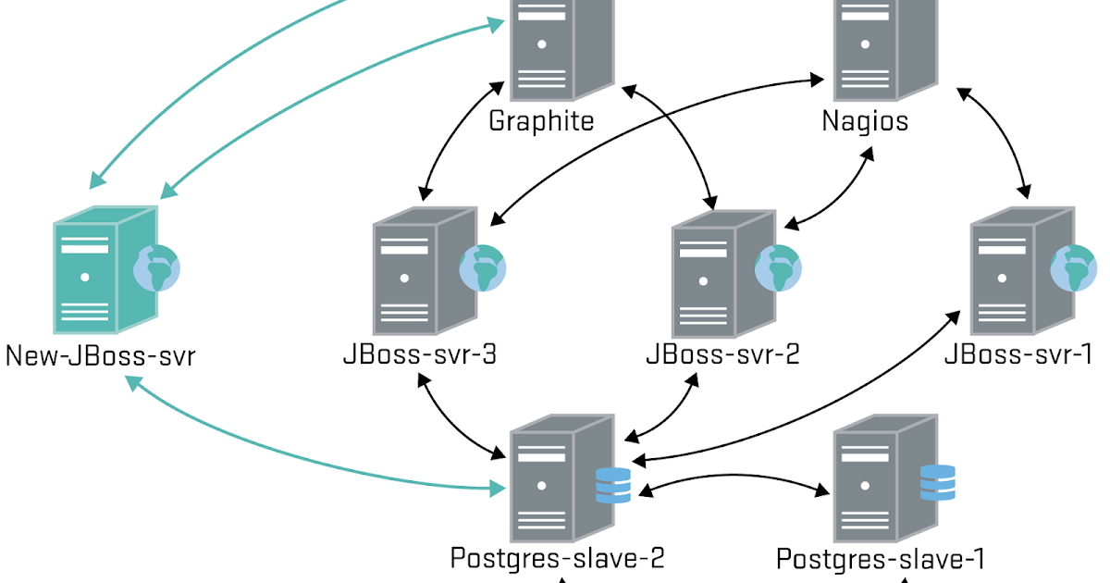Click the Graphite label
pyautogui.click(x=541, y=120)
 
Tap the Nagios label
pyautogui.click(x=865, y=120)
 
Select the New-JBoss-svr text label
pyautogui.click(x=100, y=356)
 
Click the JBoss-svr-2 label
pyautogui.click(x=722, y=356)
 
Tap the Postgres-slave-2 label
pyautogui.click(x=557, y=558)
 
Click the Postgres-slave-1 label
pyautogui.click(x=880, y=558)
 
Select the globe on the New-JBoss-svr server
pyautogui.click(x=156, y=268)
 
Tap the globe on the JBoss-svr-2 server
pyautogui.click(x=778, y=268)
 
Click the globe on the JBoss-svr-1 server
pyautogui.click(x=1073, y=268)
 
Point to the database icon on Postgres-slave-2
pyautogui.click(x=612, y=485)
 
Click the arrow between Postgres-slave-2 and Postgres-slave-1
pyautogui.click(x=731, y=479)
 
